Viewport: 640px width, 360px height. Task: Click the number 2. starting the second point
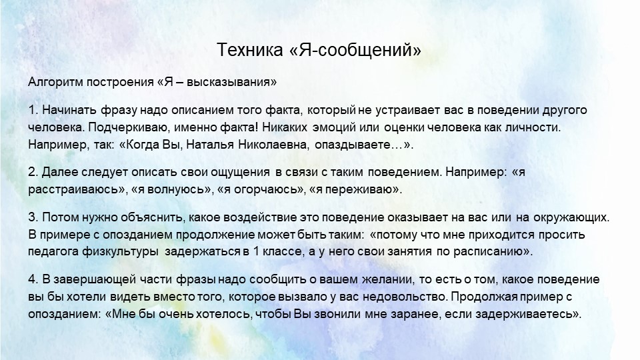33,172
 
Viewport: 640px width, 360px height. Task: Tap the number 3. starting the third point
33,218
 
